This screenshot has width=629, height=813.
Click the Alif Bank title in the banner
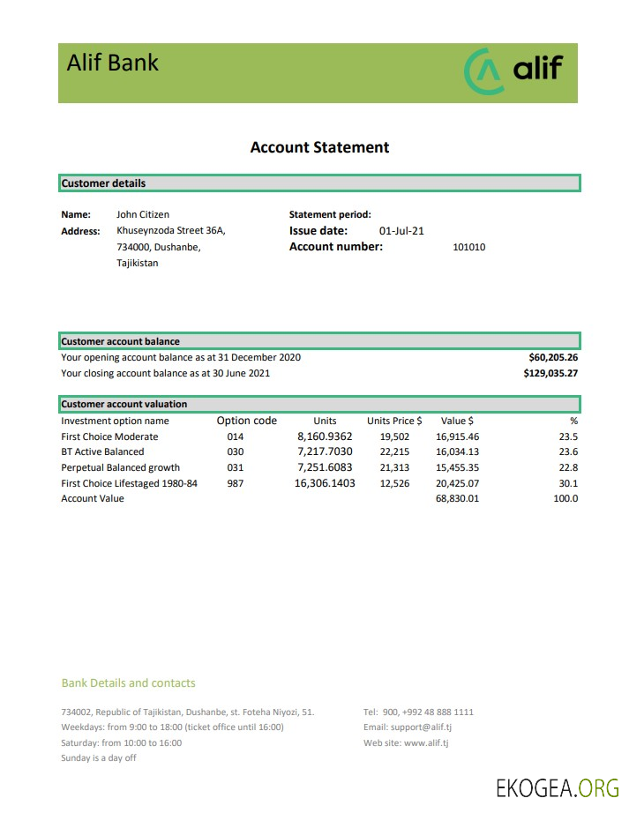coord(112,63)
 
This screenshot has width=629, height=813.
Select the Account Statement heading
coord(319,147)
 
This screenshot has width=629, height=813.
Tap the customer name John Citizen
coord(143,214)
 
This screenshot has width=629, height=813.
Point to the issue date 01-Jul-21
coord(401,231)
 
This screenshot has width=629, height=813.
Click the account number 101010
coord(468,248)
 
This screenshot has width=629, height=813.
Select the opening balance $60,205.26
coord(552,358)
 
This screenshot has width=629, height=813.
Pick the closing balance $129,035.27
coord(550,374)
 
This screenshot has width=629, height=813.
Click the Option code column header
coord(246,421)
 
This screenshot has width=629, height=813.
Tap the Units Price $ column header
coord(394,421)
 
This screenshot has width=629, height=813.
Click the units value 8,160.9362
coord(325,436)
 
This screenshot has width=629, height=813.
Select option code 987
coord(235,483)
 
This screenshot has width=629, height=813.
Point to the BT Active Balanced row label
coord(102,452)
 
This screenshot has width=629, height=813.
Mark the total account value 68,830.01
coord(457,499)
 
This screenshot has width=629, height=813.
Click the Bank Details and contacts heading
coord(128,683)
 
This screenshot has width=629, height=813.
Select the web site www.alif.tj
coord(426,743)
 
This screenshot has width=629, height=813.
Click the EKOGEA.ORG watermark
coord(558,787)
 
